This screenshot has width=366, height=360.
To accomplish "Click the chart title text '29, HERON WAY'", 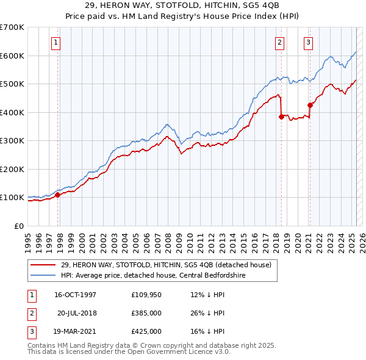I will tap(182, 5).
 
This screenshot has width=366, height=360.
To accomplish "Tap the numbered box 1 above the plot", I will tap(56, 43).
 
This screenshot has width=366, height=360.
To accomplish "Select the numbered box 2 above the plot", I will tap(279, 43).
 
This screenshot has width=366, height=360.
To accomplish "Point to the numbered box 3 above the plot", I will tap(308, 43).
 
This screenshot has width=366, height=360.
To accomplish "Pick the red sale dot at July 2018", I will tap(281, 117).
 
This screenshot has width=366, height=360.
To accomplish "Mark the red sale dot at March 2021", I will tap(310, 105).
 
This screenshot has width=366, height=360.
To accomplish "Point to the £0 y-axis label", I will tap(18, 226).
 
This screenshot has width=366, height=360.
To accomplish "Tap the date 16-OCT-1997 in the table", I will tap(75, 295).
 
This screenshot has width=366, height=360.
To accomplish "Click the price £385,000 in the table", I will tap(146, 313).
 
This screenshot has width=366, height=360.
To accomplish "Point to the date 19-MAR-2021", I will tap(75, 331).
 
